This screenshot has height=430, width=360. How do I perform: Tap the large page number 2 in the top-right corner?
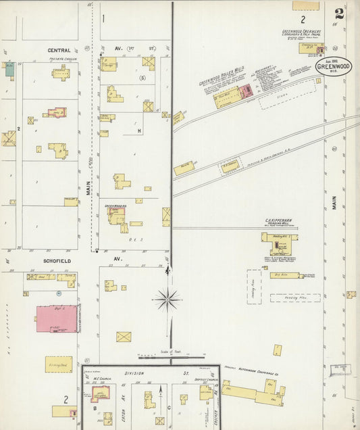338,14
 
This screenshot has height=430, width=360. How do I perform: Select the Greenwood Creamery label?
301,31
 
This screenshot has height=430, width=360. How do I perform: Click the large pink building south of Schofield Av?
57,319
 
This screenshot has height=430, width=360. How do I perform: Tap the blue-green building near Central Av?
9,68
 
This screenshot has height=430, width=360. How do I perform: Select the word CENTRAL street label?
59,50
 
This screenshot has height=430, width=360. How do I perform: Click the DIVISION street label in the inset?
135,373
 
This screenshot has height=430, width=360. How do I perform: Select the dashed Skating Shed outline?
59,364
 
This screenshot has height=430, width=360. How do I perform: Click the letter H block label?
138,130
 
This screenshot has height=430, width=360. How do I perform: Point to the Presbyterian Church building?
61,72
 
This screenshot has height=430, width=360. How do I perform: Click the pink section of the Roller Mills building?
247,91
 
